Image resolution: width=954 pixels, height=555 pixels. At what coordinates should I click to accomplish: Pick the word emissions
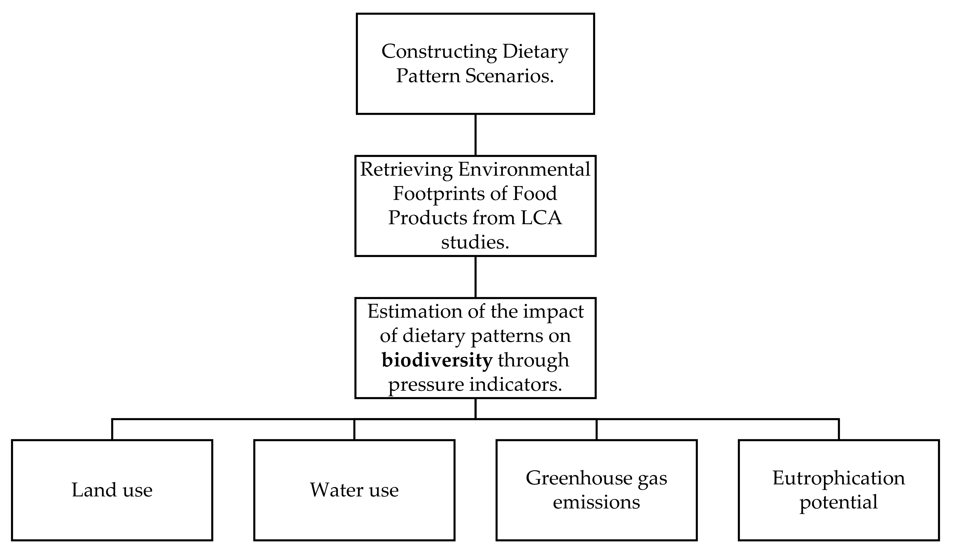[596, 502]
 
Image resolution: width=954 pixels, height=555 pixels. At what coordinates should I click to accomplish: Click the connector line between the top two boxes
[475, 134]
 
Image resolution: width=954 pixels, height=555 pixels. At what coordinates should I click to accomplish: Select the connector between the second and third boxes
[475, 277]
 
